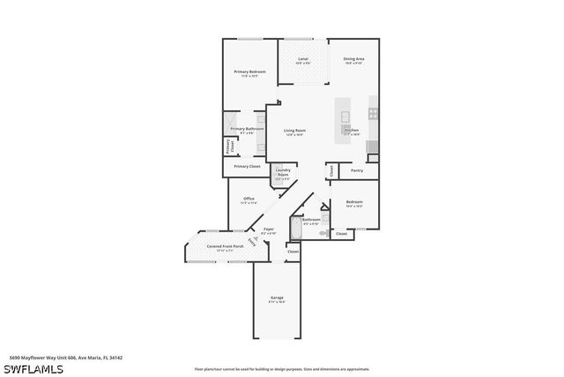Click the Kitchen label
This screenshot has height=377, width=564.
(352, 131)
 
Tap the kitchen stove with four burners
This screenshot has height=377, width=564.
(374, 114)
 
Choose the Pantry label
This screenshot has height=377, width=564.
(357, 170)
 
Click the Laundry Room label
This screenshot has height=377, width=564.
(283, 172)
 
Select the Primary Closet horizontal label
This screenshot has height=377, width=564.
(247, 166)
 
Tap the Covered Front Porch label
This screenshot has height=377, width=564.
(226, 246)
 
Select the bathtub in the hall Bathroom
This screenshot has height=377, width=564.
(296, 228)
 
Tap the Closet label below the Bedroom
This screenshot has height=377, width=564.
(341, 234)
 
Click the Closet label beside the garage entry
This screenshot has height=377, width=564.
(293, 252)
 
